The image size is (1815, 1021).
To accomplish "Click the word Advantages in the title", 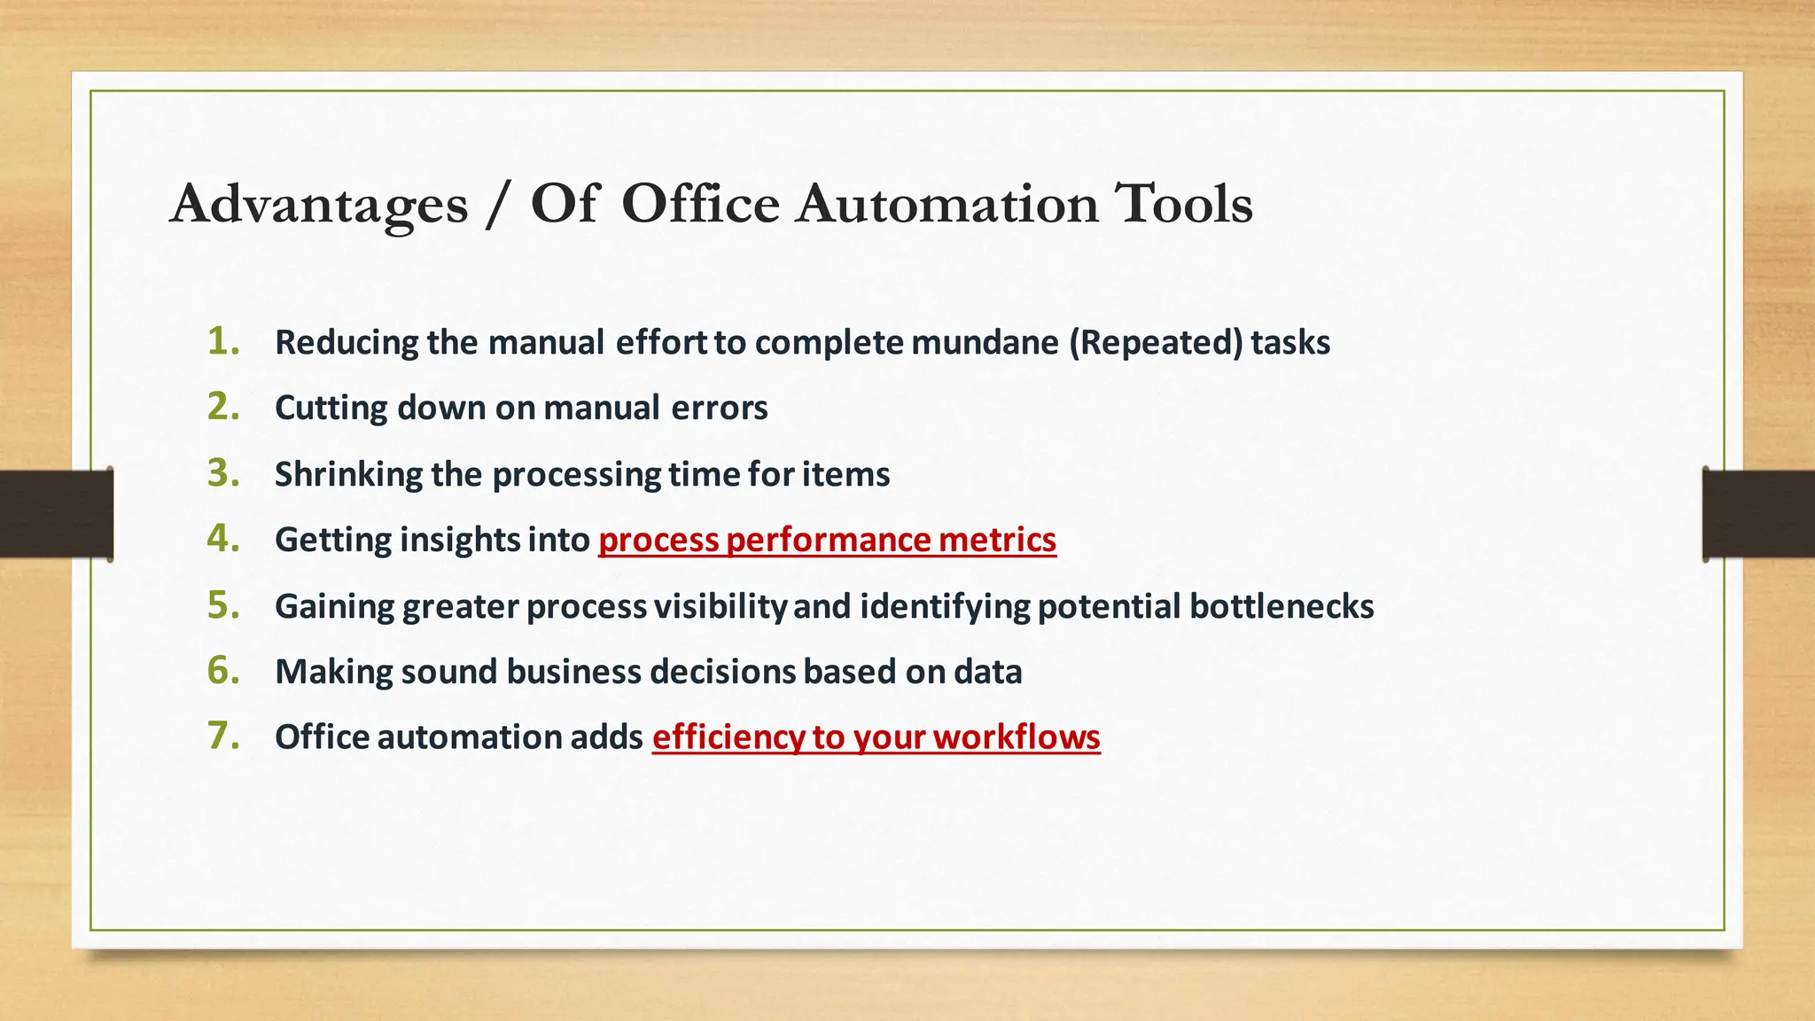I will tap(319, 206).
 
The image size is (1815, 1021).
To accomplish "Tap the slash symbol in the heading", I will tap(498, 206).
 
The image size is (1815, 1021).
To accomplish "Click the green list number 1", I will tap(223, 341).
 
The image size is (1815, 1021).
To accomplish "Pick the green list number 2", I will tap(223, 407).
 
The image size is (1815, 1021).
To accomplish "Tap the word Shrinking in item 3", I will tap(348, 475).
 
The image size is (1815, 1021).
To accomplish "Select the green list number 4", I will tap(223, 539).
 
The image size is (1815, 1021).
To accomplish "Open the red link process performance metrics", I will tap(827, 540).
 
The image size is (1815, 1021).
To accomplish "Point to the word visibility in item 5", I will tap(720, 606).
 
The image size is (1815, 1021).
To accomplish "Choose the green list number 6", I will tap(223, 671).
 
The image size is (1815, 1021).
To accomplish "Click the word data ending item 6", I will tap(987, 672).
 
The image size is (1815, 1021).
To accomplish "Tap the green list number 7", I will tap(223, 737).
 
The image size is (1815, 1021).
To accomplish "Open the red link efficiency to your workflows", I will tap(876, 737).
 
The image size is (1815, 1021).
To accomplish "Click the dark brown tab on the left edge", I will tap(56, 514).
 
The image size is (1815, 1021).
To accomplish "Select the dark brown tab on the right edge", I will tap(1758, 514).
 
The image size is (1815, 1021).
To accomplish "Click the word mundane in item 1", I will tap(985, 343).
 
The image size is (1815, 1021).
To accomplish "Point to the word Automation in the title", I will tap(946, 204).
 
